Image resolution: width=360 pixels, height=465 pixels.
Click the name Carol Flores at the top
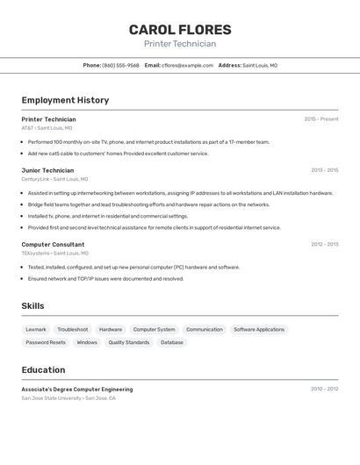[x=180, y=30]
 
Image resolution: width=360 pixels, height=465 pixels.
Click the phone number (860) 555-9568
[x=120, y=65]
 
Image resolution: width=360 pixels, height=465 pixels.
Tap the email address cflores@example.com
[x=188, y=65]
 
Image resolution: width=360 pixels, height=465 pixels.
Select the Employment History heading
[x=65, y=100]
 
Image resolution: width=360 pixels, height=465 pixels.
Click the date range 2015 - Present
[x=320, y=119]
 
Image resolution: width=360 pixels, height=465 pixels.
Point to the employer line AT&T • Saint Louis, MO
[x=47, y=128]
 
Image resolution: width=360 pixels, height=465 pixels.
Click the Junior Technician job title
[x=47, y=170]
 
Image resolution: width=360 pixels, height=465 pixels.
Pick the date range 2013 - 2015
[x=324, y=170]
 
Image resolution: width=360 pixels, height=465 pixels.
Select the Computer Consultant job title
[x=53, y=245]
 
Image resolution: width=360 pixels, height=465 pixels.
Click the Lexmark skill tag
[x=36, y=329]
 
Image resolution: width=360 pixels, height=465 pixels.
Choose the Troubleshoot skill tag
[x=73, y=329]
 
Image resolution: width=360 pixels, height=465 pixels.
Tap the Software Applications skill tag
[x=259, y=329]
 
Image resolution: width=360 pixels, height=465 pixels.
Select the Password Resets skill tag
[x=46, y=342]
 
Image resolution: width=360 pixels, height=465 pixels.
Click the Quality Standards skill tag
[x=129, y=342]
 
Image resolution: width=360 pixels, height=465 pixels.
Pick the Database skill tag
[x=172, y=342]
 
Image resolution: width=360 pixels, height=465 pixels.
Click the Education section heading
[x=43, y=369]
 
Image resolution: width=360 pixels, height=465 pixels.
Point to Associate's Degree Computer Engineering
[x=77, y=389]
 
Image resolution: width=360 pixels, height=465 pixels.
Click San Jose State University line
[x=68, y=398]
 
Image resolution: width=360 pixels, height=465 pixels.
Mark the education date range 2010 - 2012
[x=324, y=389]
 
